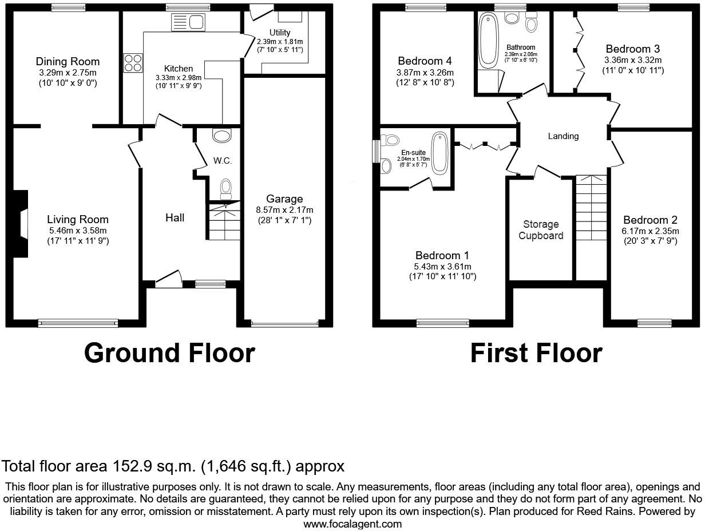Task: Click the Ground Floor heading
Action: [169, 353]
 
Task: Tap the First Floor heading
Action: [536, 353]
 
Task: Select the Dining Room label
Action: [68, 61]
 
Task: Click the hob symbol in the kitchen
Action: [133, 62]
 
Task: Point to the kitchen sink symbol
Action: [188, 23]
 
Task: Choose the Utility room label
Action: [279, 33]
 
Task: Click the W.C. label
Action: [223, 161]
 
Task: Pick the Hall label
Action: [175, 217]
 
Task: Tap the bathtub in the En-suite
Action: [439, 152]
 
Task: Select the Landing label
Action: [563, 136]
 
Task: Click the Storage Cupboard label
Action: [541, 230]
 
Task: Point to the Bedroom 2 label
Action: [650, 220]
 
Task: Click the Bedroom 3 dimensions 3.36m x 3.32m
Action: [633, 60]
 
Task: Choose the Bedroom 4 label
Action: [425, 61]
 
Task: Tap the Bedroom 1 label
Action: [443, 255]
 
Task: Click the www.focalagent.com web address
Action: [352, 524]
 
